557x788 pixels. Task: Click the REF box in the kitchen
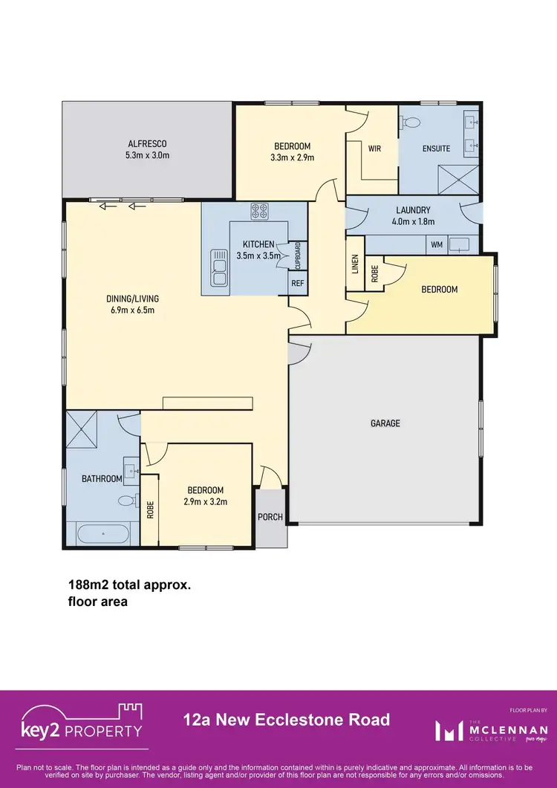(x=297, y=283)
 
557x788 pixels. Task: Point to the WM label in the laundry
(x=436, y=244)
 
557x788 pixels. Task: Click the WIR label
(x=374, y=149)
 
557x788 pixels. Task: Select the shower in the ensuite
(x=460, y=176)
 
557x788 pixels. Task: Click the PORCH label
(x=270, y=517)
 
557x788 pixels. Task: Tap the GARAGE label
(x=385, y=423)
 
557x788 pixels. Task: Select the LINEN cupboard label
(x=355, y=264)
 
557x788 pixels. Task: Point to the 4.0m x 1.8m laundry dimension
(x=414, y=221)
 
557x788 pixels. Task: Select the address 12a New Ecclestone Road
(x=286, y=720)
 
